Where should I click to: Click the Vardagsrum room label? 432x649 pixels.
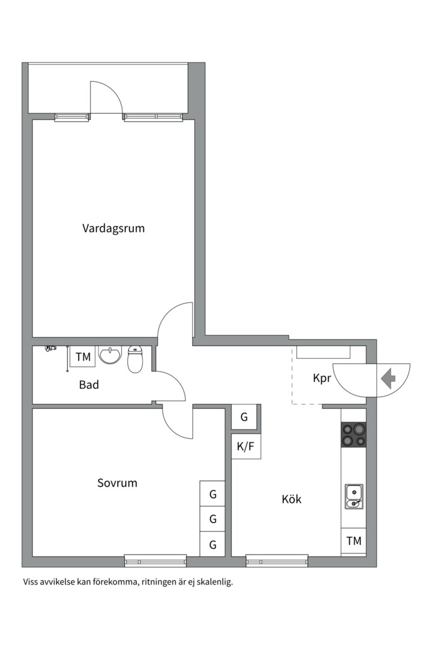[113, 228]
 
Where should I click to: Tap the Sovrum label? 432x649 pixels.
[117, 483]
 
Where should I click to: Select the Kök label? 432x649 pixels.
[292, 499]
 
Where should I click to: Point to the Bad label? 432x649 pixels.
[89, 385]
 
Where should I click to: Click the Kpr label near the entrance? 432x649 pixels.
[322, 379]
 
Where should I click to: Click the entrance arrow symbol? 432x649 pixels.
[388, 379]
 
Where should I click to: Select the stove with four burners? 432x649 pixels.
[353, 434]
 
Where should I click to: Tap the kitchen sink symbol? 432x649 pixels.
[353, 496]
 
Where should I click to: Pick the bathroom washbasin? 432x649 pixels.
[110, 356]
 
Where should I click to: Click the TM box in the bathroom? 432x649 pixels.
[83, 356]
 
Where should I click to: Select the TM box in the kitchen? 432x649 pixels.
[353, 541]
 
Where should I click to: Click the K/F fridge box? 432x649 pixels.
[246, 446]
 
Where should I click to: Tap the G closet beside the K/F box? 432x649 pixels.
[244, 417]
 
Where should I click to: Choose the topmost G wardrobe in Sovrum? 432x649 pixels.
[212, 495]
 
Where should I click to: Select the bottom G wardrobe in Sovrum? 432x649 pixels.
[212, 544]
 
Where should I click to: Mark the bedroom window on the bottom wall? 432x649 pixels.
[155, 561]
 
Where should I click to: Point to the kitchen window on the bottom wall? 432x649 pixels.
[277, 561]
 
